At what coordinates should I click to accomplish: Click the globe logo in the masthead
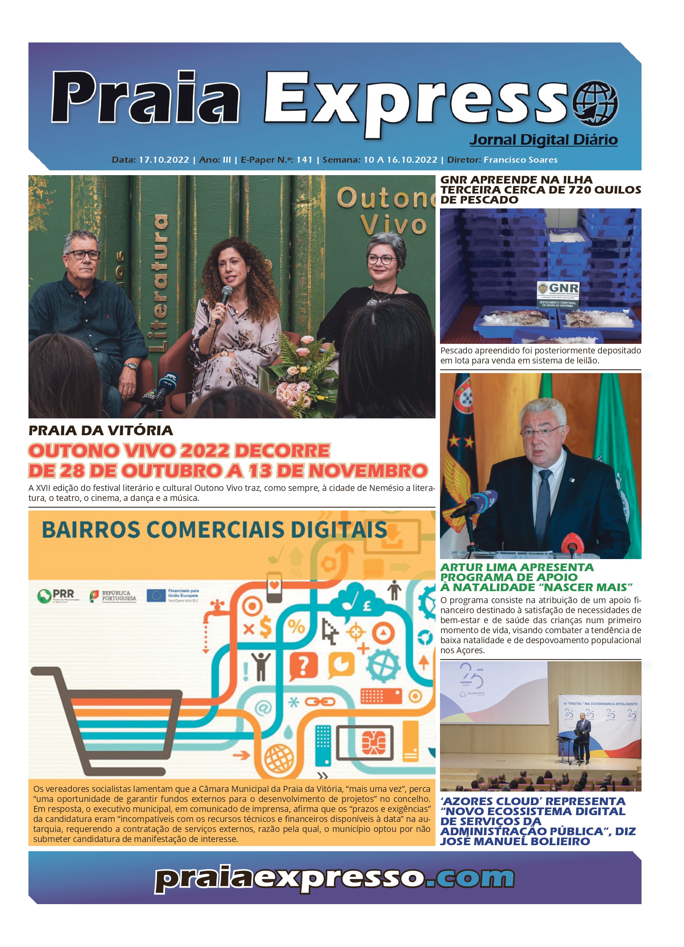coord(595,103)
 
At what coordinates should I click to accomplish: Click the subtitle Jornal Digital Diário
coord(543,139)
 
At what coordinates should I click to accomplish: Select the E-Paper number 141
coord(304,160)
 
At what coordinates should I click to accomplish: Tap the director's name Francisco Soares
coord(520,160)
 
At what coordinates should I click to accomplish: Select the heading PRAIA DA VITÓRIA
coord(101,430)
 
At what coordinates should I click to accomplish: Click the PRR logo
coord(56,595)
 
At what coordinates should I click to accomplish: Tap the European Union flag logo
coord(156,595)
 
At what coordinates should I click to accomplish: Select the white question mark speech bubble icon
coord(303,665)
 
